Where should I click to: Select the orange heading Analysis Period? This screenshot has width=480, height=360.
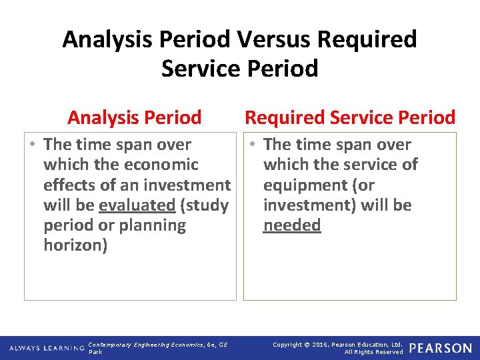click(134, 118)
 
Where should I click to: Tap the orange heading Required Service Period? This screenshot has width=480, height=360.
click(350, 118)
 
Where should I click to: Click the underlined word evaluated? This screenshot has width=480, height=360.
click(137, 205)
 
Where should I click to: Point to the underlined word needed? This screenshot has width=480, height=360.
click(292, 225)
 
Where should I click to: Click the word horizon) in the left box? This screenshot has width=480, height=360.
click(75, 245)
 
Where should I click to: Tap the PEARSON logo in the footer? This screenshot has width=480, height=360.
click(440, 348)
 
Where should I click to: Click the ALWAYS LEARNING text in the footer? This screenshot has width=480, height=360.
click(47, 349)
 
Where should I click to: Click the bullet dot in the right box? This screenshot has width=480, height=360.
click(253, 145)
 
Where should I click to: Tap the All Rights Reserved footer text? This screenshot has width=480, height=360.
click(373, 352)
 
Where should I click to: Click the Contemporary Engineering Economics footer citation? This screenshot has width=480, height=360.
click(157, 344)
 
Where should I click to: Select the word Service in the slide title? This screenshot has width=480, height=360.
click(199, 69)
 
